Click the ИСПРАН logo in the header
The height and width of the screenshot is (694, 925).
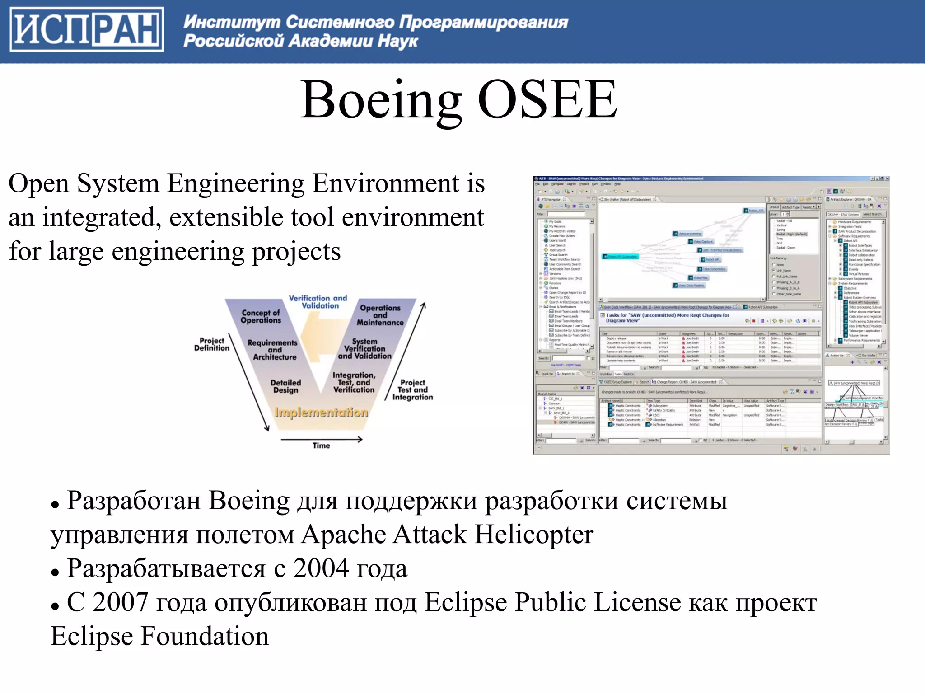pos(87,29)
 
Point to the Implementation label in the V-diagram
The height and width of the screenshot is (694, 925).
pos(321,413)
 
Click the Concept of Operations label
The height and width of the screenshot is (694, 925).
pos(261,316)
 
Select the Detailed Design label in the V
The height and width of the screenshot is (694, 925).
pos(285,386)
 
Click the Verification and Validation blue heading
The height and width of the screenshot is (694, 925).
pos(318,302)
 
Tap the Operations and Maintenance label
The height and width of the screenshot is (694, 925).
pos(380,315)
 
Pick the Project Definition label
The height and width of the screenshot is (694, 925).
pos(211,344)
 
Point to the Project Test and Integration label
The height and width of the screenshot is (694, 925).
pos(412,390)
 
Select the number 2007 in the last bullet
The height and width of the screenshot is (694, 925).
pos(121,603)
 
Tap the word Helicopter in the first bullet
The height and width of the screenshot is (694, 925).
pos(534,535)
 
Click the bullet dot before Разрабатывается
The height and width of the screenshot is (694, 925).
pos(55,572)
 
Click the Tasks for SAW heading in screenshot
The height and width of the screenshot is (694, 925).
pos(667,318)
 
